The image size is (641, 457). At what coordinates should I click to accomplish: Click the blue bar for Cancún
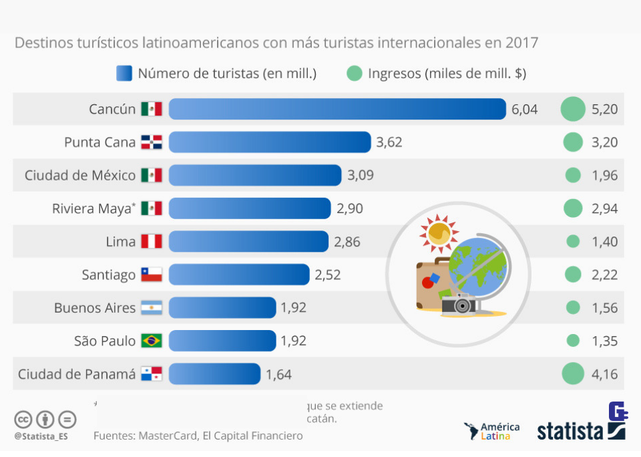click(x=337, y=109)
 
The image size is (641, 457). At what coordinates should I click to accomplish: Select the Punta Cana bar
click(x=270, y=142)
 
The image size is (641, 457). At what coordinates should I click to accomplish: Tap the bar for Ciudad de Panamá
click(x=214, y=374)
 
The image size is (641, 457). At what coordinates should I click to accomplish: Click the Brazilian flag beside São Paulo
click(x=152, y=341)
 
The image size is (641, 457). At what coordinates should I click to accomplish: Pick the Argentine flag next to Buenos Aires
click(x=152, y=308)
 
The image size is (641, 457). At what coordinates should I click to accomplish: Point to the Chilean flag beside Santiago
click(x=152, y=275)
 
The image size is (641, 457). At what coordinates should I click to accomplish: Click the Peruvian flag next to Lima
click(x=152, y=242)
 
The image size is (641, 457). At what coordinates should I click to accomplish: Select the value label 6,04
click(x=524, y=110)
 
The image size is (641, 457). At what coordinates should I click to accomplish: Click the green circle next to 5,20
click(x=573, y=109)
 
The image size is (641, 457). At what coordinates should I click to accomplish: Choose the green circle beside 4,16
click(x=573, y=374)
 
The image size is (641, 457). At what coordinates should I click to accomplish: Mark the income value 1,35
click(x=604, y=341)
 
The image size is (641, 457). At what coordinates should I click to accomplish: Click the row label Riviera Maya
click(x=91, y=208)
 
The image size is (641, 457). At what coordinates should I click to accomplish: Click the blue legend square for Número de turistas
click(x=124, y=73)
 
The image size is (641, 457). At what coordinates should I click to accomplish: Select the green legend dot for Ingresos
click(x=355, y=73)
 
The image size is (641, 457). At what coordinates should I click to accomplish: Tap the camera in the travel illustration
click(x=458, y=305)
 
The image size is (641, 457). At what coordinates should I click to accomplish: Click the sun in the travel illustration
click(x=438, y=233)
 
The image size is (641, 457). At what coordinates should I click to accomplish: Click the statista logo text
click(x=570, y=431)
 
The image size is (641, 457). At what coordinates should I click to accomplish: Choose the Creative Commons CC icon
click(x=24, y=420)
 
